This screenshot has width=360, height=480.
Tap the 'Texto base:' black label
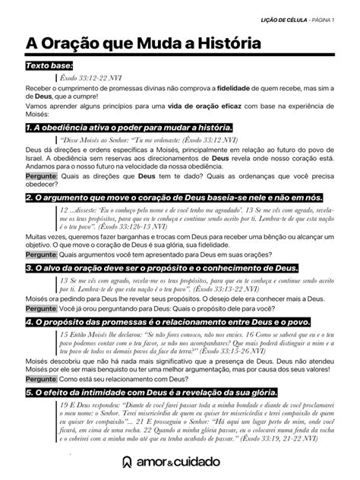pos(47,67)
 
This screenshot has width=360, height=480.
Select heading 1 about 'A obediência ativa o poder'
pos(128,127)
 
